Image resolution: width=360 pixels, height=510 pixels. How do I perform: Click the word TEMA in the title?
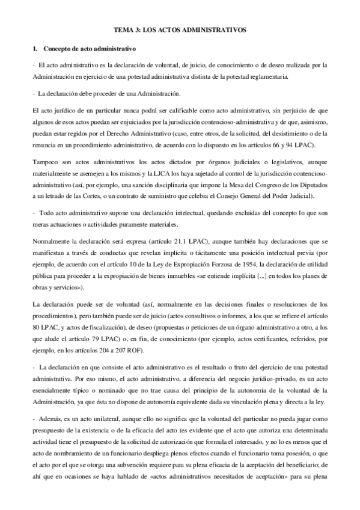(x=124, y=29)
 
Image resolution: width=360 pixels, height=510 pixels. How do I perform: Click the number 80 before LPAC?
(x=35, y=329)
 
